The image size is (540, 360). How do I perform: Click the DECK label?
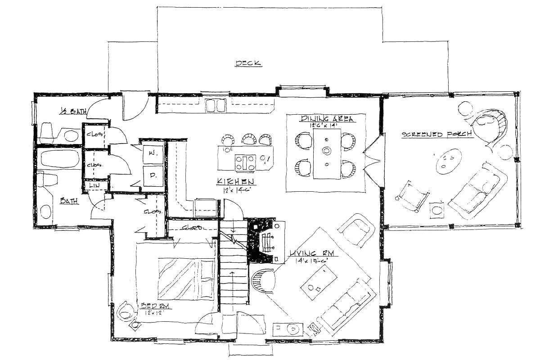point(248,63)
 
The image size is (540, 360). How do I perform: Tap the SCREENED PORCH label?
point(436,134)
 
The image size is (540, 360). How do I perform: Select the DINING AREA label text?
point(327,119)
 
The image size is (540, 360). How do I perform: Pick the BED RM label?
point(154,306)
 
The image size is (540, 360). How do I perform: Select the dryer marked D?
point(152,176)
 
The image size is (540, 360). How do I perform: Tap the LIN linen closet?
point(95,185)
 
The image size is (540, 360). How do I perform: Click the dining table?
point(327,153)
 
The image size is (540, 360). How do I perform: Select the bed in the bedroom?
point(186,278)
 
